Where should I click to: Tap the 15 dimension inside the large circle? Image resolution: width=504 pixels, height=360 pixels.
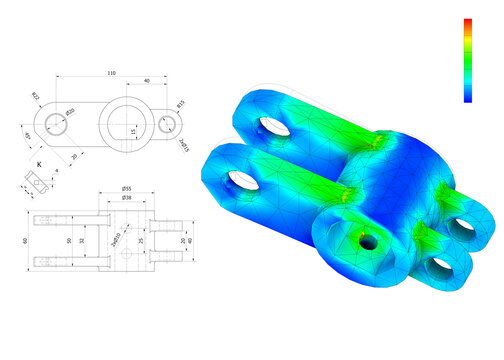[134, 130]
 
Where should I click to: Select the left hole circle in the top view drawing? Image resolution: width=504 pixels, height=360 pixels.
[54, 122]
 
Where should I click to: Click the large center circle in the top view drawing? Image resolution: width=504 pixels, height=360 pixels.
[125, 122]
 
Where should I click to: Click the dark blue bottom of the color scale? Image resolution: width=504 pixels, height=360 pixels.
[468, 97]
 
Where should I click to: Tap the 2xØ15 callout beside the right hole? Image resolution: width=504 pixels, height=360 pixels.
[183, 146]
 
